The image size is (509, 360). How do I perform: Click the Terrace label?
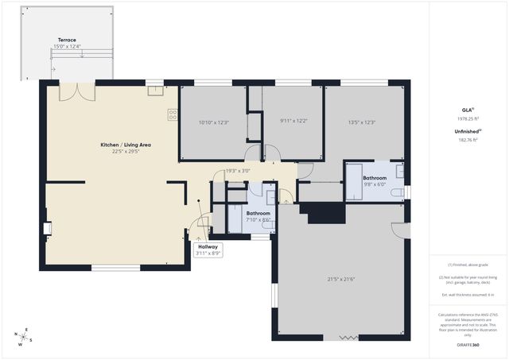(x=67, y=40)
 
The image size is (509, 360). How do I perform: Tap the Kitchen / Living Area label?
(x=126, y=145)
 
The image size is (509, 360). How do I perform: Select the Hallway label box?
(x=208, y=250)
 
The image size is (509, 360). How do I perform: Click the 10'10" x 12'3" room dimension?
(x=213, y=122)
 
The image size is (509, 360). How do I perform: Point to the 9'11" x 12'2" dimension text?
(x=293, y=122)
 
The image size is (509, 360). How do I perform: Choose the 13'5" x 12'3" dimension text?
(x=361, y=122)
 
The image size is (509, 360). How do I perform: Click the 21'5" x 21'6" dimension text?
(x=340, y=279)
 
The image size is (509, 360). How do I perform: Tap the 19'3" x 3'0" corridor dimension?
(x=238, y=171)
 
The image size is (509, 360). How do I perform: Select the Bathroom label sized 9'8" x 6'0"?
(x=375, y=178)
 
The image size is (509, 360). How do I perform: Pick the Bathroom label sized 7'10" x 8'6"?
(x=258, y=214)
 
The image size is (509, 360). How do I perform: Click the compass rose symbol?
(x=25, y=337)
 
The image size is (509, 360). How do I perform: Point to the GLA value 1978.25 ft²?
(x=468, y=118)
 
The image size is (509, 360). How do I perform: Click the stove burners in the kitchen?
(x=173, y=115)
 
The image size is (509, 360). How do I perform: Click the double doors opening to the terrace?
(x=78, y=92)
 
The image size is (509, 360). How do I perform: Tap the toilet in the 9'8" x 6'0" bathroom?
(x=398, y=192)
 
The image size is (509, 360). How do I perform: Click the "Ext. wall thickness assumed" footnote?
(x=468, y=295)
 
